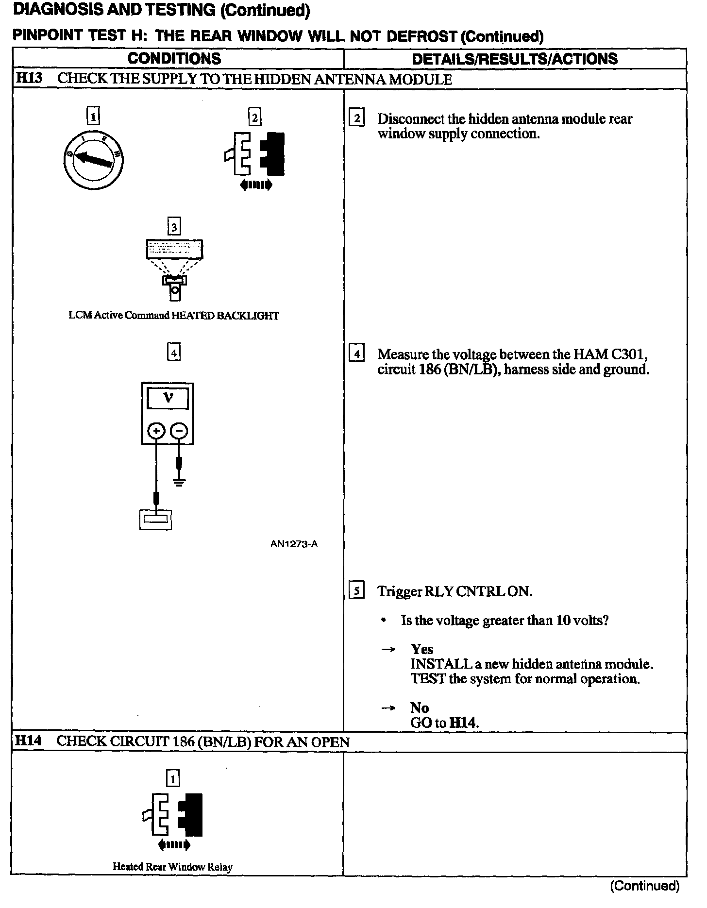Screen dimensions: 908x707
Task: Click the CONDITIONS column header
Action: click(174, 59)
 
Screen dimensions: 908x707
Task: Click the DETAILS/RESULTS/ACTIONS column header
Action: click(514, 59)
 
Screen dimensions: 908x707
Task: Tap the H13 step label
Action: click(29, 79)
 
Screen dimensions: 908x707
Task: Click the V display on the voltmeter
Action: click(168, 399)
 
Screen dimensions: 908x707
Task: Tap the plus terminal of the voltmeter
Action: click(156, 431)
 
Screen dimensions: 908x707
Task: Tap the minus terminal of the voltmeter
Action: click(180, 431)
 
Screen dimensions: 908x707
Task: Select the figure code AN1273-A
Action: click(294, 544)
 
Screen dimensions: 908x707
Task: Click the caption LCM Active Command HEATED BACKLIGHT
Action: click(174, 316)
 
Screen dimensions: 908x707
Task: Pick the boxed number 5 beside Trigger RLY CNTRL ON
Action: click(357, 591)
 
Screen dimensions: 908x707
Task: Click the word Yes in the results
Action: click(421, 649)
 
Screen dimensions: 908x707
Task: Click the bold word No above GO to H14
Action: click(419, 707)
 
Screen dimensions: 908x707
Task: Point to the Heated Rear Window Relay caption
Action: click(172, 867)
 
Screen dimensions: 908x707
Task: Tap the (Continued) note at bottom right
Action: click(644, 886)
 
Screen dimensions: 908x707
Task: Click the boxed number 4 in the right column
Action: click(357, 354)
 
